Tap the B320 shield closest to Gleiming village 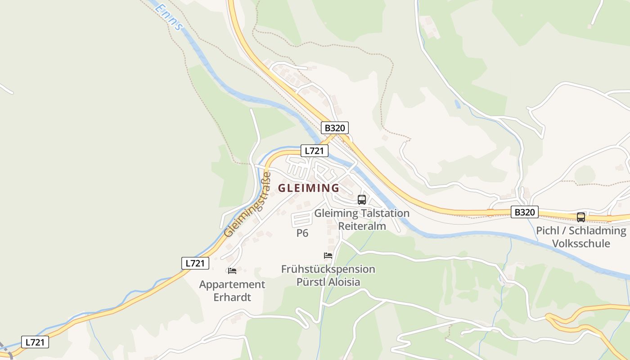(334, 128)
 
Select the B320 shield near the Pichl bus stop (524, 212)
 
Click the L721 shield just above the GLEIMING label (314, 151)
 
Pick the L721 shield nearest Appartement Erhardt (195, 263)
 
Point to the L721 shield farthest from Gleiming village (35, 342)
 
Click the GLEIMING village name (309, 188)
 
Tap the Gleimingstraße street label (248, 205)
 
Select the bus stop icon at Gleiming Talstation (361, 199)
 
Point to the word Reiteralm (362, 226)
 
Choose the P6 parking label (302, 233)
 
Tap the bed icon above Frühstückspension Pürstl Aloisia (328, 256)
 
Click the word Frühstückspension (328, 269)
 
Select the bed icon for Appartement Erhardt (232, 270)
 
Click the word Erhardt (232, 297)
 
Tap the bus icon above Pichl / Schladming (581, 217)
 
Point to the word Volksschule (581, 243)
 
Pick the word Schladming (597, 231)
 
